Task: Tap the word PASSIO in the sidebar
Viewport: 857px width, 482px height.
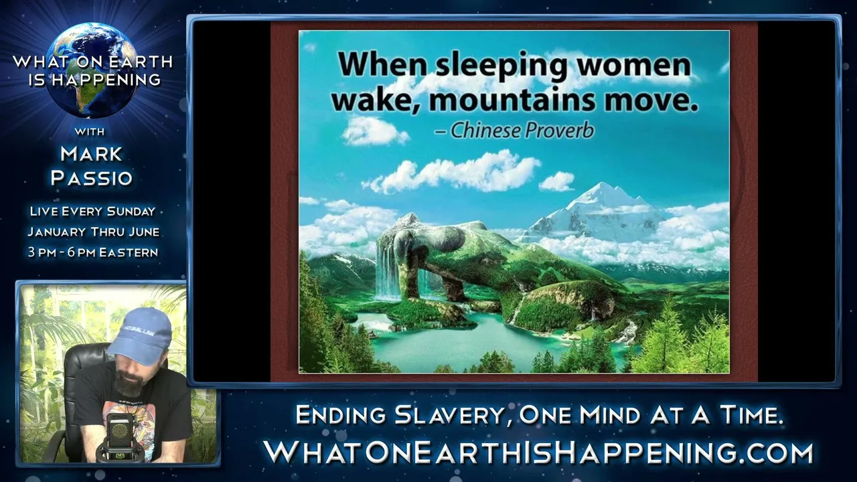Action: coord(92,178)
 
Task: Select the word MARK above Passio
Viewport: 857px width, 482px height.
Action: coord(92,154)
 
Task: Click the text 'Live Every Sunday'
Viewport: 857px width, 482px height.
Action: coord(92,211)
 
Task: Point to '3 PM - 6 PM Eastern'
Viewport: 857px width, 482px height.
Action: coord(93,252)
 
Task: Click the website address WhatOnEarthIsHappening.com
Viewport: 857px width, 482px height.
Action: coord(538,453)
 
